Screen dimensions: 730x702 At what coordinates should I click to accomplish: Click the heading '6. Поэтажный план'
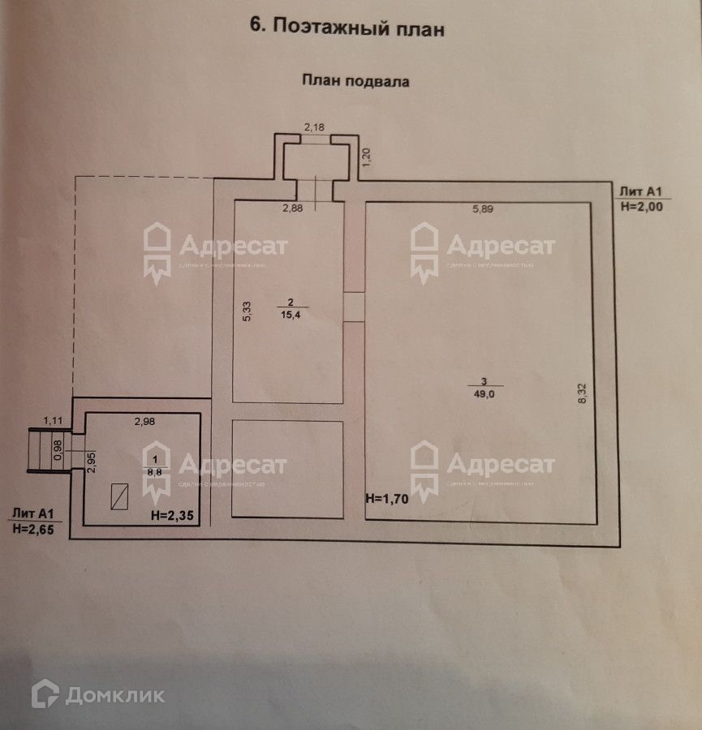[x=347, y=27]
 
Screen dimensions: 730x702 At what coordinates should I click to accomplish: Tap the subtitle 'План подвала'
[x=356, y=80]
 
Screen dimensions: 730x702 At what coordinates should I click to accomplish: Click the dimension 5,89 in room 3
[x=484, y=209]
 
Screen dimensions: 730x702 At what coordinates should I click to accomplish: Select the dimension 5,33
[x=248, y=312]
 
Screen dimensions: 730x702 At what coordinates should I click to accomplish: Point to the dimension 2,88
[x=292, y=209]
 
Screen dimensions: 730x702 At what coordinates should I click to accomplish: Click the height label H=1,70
[x=385, y=499]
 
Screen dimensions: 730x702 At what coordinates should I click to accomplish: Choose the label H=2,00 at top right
[x=641, y=207]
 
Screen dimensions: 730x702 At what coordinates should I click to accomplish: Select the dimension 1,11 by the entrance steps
[x=53, y=419]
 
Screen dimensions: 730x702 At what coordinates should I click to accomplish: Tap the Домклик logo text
[x=114, y=695]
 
